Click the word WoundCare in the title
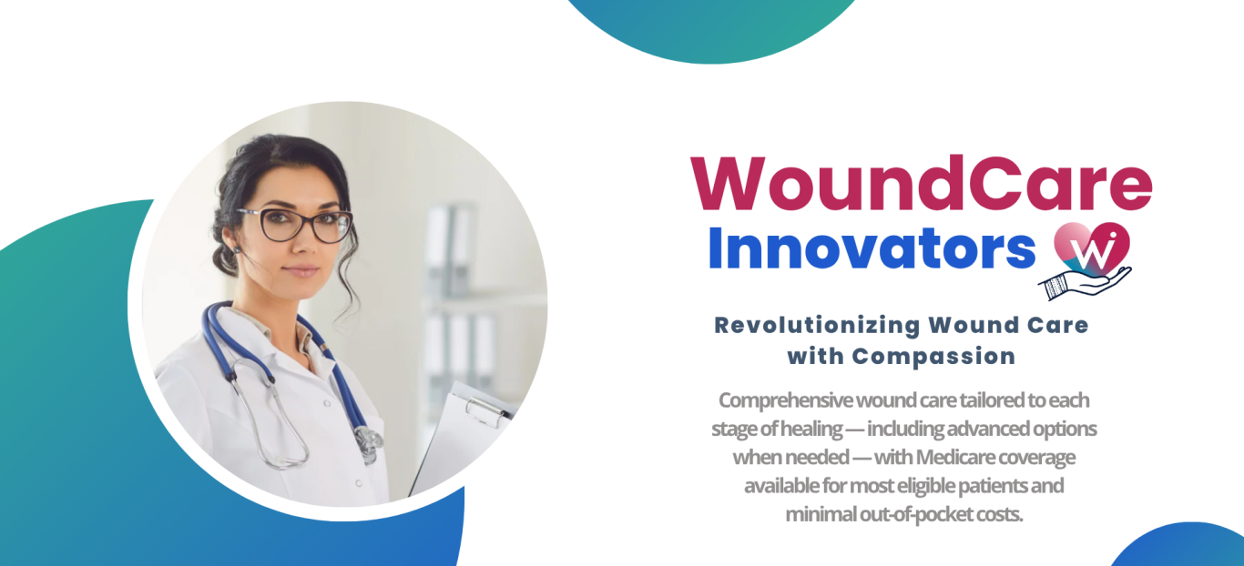coord(922,184)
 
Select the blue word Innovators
coord(872,248)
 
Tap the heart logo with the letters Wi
coord(1092,248)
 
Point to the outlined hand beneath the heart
coord(1084,283)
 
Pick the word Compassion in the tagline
coord(933,356)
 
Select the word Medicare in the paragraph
coord(950,457)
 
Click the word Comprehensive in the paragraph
coord(785,400)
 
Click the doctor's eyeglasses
coord(296,224)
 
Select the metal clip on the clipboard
coord(487,412)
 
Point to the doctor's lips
coord(301,271)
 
